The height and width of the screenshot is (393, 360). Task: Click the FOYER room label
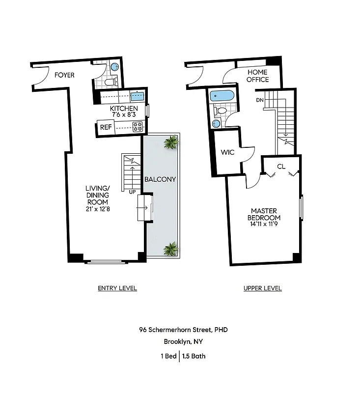coord(64,75)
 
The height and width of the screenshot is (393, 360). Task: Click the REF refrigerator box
coord(106,127)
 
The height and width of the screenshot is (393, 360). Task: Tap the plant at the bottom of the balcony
coord(170,249)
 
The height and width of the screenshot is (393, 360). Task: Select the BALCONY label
coord(160,179)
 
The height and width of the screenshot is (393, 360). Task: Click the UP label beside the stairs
coord(132,192)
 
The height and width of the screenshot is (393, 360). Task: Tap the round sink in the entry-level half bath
coord(114,67)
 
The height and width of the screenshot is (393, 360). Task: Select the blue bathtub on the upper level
coord(222,96)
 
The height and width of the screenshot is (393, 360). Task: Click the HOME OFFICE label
coord(257,76)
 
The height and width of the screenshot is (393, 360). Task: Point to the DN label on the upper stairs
coord(260,100)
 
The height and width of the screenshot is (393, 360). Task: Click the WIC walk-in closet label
coord(228,152)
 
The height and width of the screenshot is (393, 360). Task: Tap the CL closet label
coord(281,167)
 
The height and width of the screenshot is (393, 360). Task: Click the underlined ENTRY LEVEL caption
coord(117,288)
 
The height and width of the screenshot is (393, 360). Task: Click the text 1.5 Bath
coord(194,356)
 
